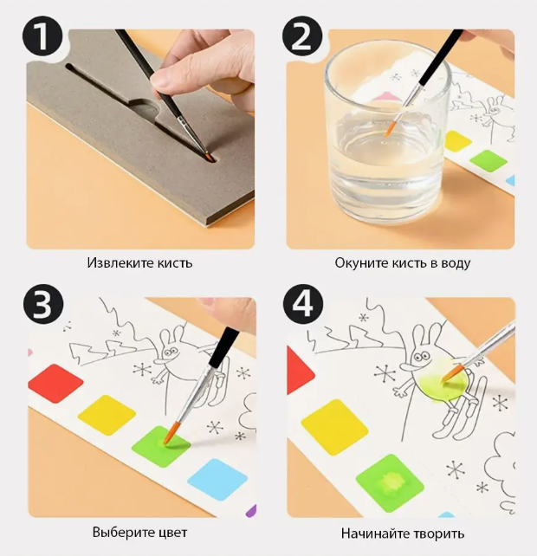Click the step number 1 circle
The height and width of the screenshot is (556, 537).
tap(42, 36)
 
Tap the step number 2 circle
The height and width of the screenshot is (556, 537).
tap(302, 36)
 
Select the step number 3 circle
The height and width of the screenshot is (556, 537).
tap(43, 304)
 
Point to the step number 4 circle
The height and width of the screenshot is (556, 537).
tap(303, 304)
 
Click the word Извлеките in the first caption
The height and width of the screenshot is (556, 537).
tap(115, 263)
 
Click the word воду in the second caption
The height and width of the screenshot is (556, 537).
tap(456, 263)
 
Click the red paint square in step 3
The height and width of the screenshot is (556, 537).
tap(55, 384)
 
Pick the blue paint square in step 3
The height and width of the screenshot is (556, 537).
tap(217, 479)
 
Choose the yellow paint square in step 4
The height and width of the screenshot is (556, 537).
tap(334, 427)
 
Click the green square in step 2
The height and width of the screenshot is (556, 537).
tap(488, 161)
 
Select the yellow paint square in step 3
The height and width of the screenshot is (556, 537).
tap(107, 415)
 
